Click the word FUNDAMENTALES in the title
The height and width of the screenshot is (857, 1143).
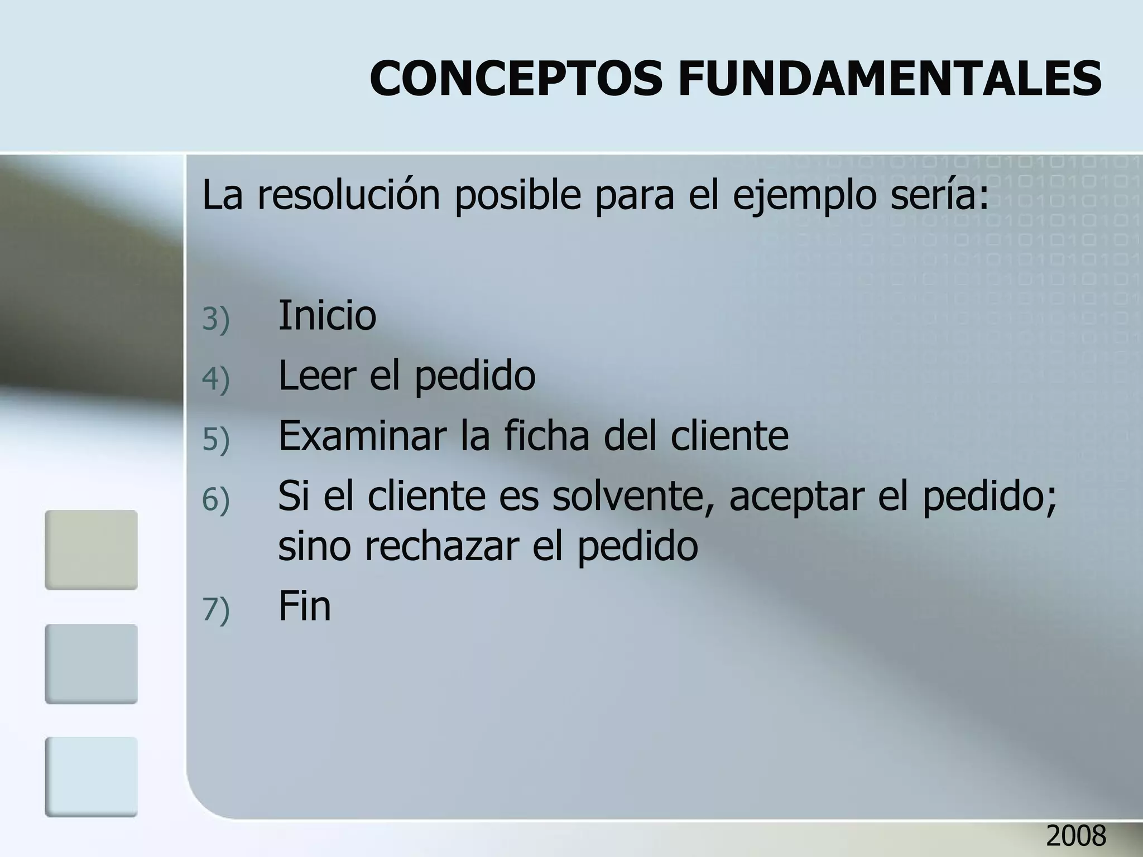[890, 78]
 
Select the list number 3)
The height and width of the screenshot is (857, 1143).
[216, 320]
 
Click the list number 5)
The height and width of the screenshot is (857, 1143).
[216, 439]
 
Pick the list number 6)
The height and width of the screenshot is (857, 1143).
[216, 499]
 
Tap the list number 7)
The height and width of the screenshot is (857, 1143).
[216, 609]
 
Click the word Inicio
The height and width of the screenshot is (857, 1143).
[327, 315]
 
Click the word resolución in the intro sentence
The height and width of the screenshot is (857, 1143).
[348, 195]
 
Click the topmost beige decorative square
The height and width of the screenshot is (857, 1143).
[91, 550]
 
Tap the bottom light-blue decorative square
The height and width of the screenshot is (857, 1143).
[91, 777]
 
